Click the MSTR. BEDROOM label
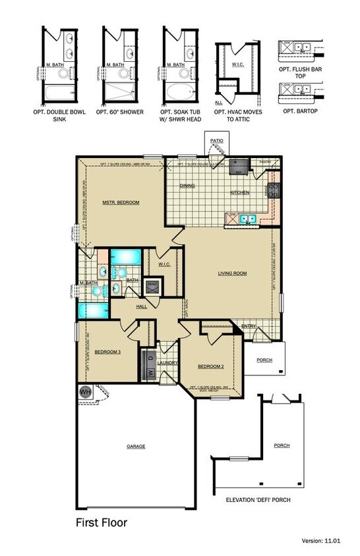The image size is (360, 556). (x=121, y=202)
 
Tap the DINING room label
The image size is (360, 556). (x=187, y=186)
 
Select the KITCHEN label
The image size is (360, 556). (x=239, y=192)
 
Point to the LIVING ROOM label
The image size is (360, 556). (x=232, y=273)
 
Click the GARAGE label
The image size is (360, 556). (x=136, y=446)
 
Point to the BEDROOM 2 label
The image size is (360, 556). (x=212, y=366)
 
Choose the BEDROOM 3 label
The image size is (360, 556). (x=107, y=352)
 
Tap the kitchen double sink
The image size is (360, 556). (x=247, y=219)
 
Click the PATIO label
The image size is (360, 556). (x=216, y=140)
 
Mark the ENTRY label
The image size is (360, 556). (x=249, y=326)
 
